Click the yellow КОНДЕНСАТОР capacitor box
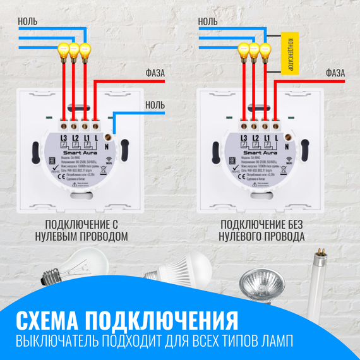tap(289, 51)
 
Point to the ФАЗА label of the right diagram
tap(335, 73)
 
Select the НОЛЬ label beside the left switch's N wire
tap(155, 105)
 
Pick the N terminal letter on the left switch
tap(108, 147)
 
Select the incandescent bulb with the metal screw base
tap(69, 266)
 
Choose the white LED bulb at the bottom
tap(170, 268)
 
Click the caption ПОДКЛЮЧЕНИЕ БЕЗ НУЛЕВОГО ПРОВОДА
tap(261, 231)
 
